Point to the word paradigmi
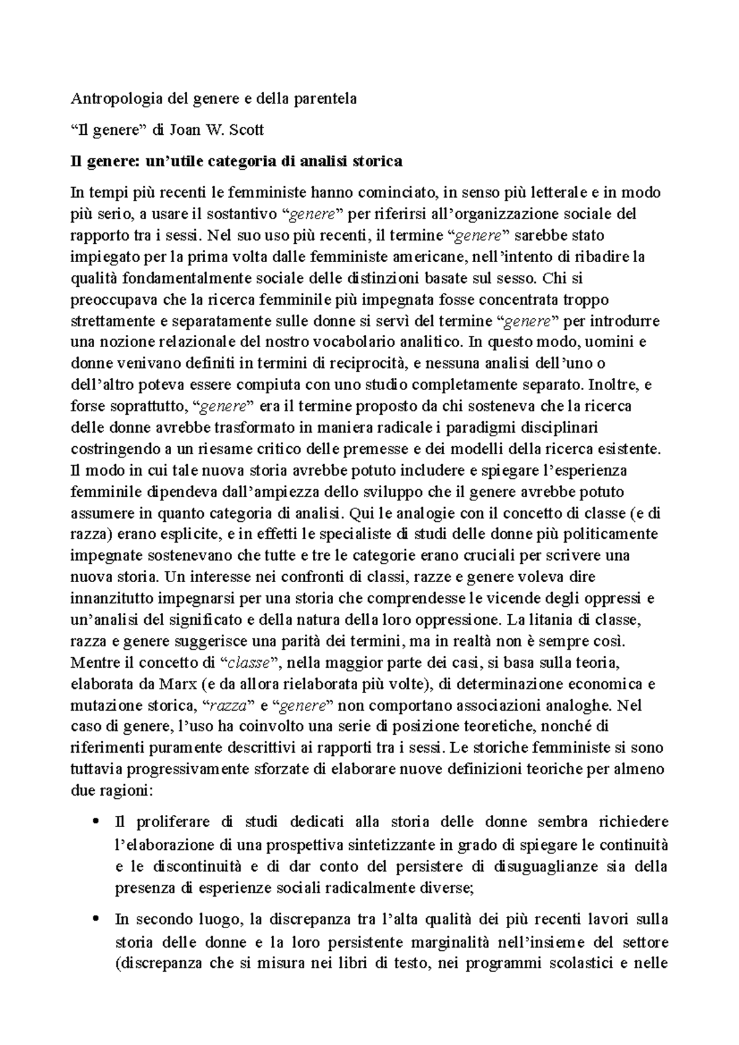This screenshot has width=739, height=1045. (482, 427)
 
